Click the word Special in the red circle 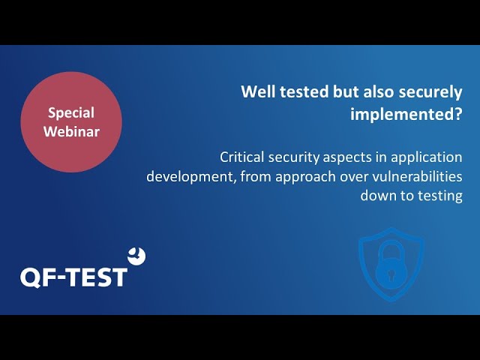point(71,113)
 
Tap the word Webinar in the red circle point(71,131)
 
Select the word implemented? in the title point(406,114)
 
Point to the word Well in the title point(258,91)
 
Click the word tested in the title point(304,91)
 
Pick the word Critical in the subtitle point(241,157)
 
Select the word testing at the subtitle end point(440,196)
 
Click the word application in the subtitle point(427,158)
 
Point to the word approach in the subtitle point(305,178)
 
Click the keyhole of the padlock point(391,274)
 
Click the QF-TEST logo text point(73,277)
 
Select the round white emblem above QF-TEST point(136,256)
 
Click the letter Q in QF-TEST point(31,278)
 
